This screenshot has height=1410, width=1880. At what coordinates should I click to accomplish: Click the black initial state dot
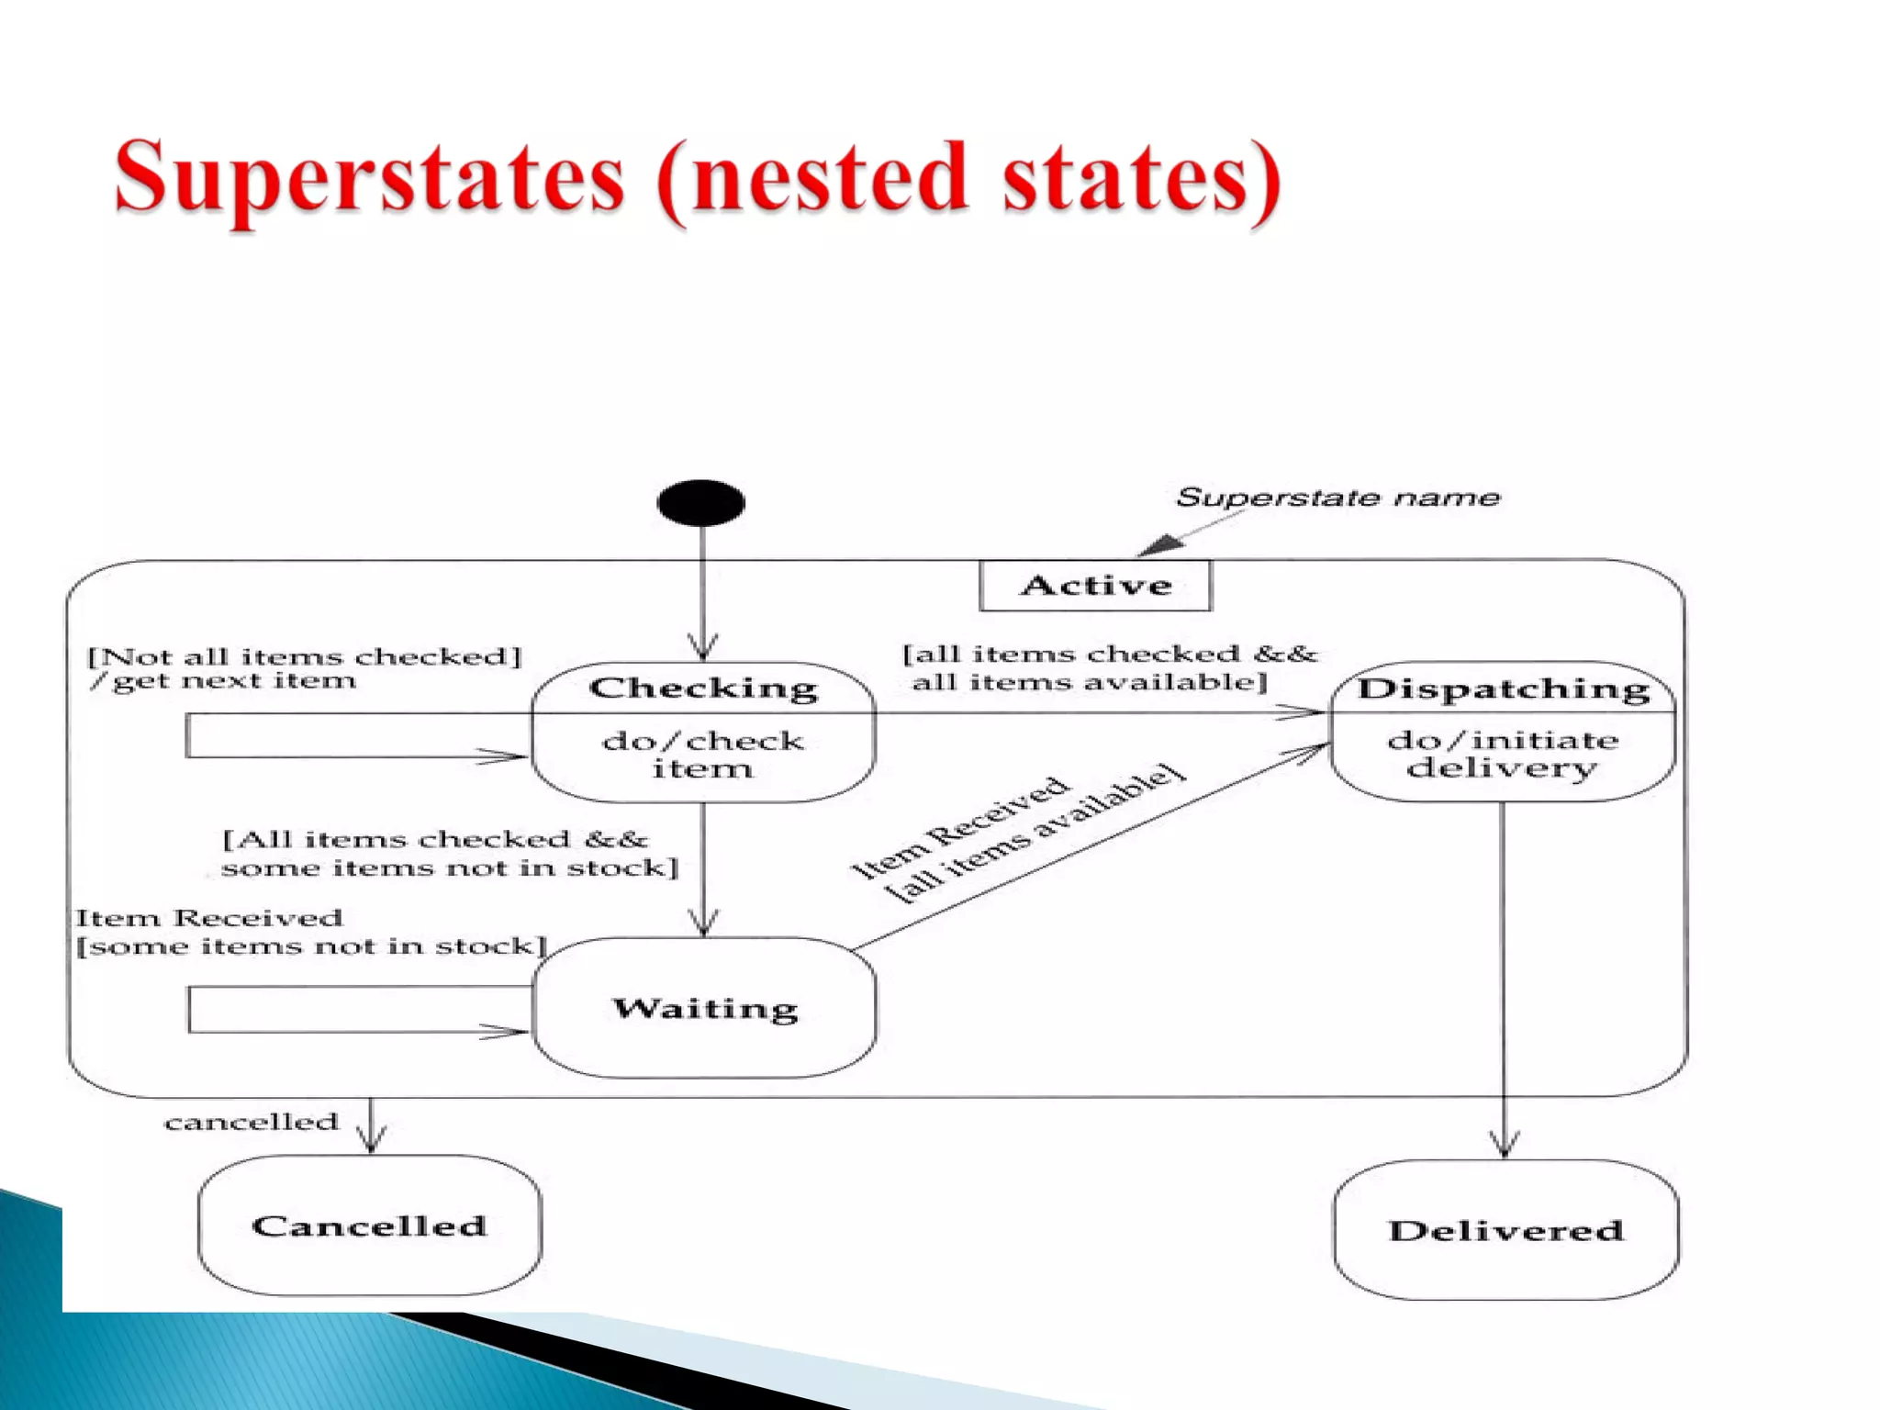coord(700,503)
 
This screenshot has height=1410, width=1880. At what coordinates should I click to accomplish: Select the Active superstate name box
coord(1095,585)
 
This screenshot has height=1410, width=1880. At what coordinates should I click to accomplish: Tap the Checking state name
coord(703,688)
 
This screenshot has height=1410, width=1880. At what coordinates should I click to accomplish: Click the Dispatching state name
coord(1504,688)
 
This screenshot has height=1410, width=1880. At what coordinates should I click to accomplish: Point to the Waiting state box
coord(704,1008)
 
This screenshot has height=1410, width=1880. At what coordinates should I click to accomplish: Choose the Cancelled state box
coord(369,1225)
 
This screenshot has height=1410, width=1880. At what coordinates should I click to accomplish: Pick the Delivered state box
coord(1505,1230)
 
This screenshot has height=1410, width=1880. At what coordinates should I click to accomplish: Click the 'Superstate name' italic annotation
coord(1337,498)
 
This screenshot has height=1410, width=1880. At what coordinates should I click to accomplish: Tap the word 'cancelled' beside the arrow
coord(252,1122)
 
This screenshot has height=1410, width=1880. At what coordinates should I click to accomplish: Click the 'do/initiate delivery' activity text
coord(1503,754)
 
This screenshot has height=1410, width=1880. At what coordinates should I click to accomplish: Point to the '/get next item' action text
coord(223,681)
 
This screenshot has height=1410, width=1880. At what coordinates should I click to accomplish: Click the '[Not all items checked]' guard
coord(304,656)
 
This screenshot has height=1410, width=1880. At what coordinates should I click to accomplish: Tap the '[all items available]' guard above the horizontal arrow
coord(1090,682)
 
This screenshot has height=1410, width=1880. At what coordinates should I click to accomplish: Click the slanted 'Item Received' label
coord(960,826)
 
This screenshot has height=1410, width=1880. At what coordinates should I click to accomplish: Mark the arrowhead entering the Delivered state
coord(1504,1145)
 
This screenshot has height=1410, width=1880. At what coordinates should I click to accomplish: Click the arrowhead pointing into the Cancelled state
coord(371,1140)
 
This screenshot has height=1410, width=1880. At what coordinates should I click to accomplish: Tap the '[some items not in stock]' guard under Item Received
coord(311,946)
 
